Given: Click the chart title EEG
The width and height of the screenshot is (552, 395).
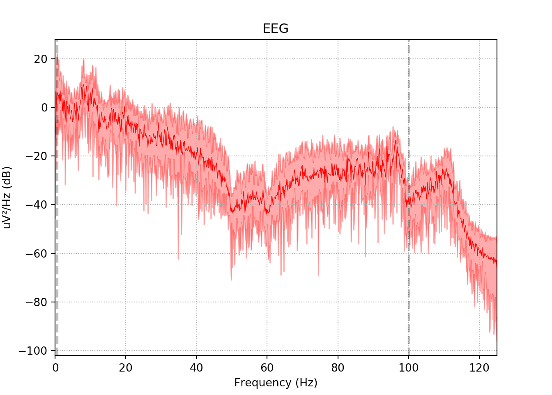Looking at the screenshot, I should coord(276,29).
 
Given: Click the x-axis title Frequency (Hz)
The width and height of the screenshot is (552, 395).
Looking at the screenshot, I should coord(276,383).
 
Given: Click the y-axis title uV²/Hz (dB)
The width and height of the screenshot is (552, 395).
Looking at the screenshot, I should coord(7,197).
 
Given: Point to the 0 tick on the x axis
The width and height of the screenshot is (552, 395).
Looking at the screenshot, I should coord(55,367).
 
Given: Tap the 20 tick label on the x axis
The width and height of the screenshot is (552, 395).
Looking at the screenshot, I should coord(126,367).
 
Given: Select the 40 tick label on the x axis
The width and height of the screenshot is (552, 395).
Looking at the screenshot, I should coord(196,367).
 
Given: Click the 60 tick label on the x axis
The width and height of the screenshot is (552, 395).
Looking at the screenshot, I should coord(267,367).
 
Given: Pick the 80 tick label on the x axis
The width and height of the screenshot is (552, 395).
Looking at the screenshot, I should coord(338,367).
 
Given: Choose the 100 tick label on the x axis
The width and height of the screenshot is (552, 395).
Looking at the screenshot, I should coord(409,367).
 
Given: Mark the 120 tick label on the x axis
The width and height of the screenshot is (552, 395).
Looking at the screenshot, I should coord(479,367).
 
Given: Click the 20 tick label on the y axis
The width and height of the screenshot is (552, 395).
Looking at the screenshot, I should coord(41,59).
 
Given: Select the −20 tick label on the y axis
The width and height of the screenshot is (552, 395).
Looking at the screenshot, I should coord(38,156).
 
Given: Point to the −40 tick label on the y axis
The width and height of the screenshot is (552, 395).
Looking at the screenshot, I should coord(38,205).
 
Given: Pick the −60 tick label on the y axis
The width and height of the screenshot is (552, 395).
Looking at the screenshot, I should coord(38,253).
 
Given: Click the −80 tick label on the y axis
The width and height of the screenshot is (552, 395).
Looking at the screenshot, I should coord(38,302).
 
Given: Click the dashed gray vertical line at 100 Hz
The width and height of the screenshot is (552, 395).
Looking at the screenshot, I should coord(409,288).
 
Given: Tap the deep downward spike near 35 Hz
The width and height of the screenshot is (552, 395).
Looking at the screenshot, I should coord(178,257).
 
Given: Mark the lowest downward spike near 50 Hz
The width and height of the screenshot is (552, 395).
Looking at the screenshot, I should coord(231,279).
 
